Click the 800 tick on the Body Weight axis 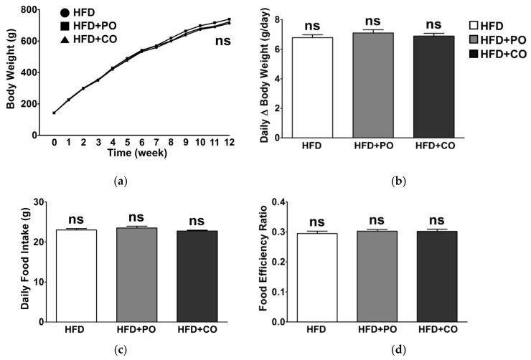click(29, 10)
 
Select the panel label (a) click(121, 181)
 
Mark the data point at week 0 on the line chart click(54, 113)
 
